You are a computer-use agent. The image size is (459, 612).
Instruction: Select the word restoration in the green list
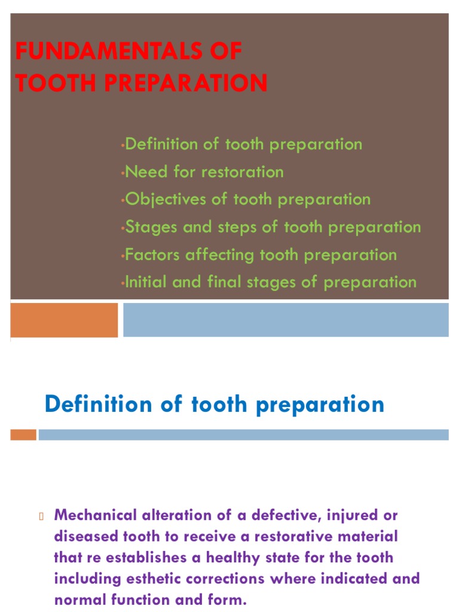click(243, 172)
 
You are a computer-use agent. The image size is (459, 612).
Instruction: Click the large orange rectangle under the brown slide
click(65, 320)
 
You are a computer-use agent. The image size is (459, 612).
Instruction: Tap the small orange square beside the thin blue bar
click(23, 435)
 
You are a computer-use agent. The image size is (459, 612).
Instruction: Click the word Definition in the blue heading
click(99, 405)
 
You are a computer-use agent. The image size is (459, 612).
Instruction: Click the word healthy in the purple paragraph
click(240, 558)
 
